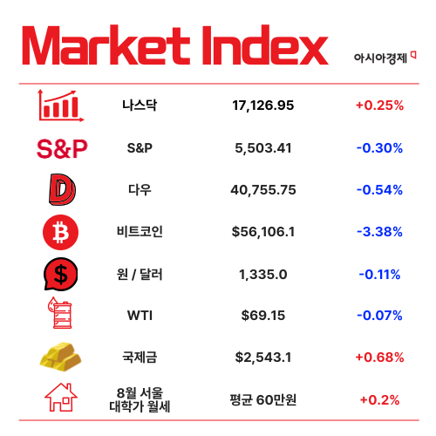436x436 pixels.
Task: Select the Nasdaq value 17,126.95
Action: [x=263, y=106]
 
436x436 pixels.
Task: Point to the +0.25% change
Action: [x=379, y=106]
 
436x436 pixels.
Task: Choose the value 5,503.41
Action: [x=263, y=148]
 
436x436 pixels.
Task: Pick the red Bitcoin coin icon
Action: [x=61, y=232]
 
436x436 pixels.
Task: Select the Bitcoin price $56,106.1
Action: [x=263, y=232]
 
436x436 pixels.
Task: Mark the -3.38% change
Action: [x=379, y=232]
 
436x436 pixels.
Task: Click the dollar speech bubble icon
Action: [x=61, y=275]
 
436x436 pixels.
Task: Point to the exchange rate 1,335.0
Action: [x=263, y=275]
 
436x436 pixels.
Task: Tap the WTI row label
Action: [x=140, y=317]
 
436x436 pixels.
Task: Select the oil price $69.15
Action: [x=263, y=317]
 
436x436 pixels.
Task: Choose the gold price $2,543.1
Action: [x=263, y=358]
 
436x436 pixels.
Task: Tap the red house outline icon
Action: [x=61, y=399]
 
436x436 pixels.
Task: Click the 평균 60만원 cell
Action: [x=263, y=400]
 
